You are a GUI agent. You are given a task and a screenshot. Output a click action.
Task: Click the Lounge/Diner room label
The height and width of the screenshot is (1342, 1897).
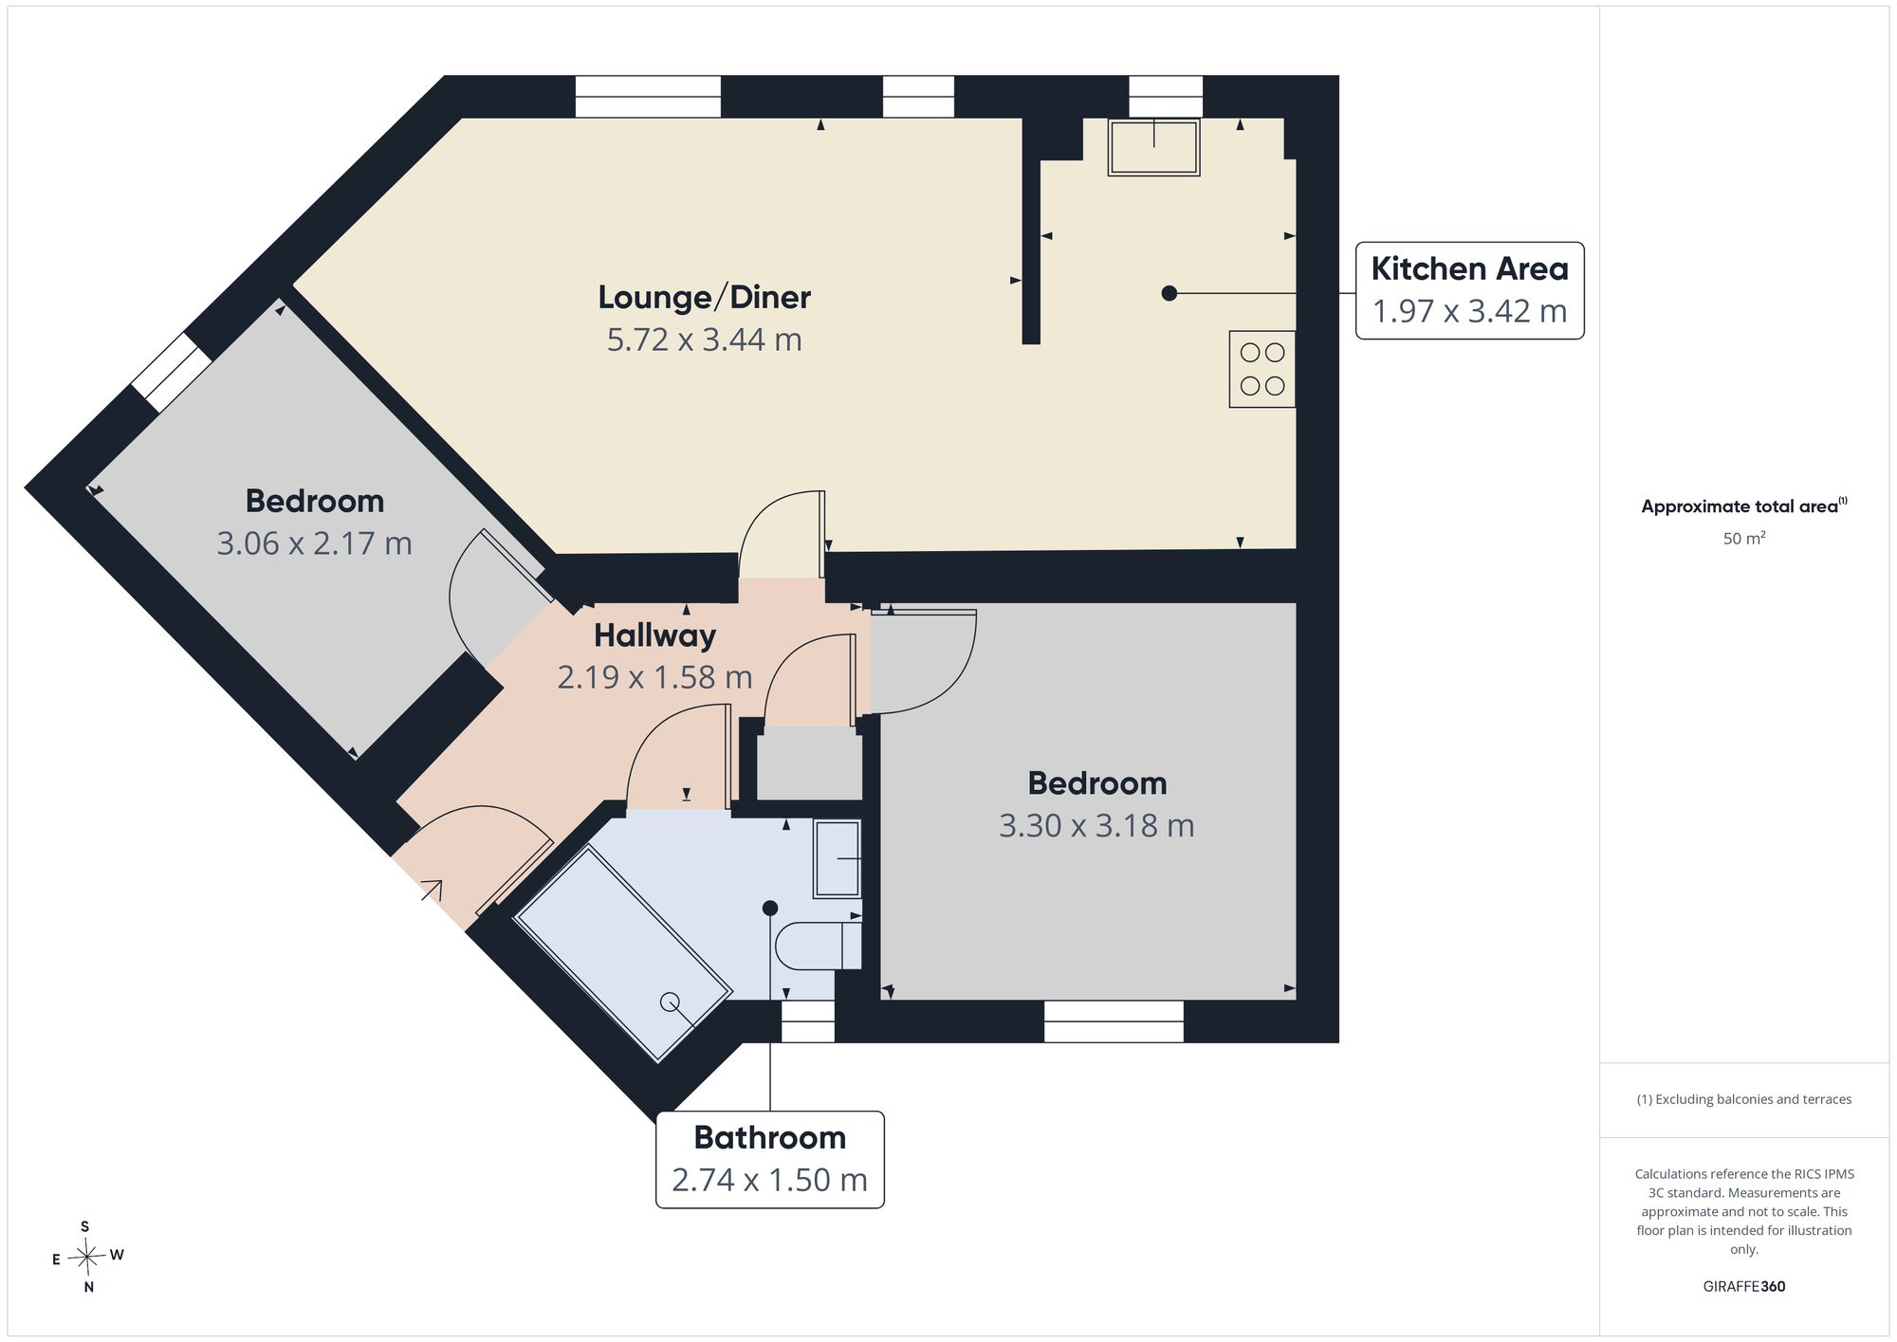704,298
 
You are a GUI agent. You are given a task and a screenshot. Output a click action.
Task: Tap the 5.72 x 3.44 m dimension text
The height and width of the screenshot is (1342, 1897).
704,340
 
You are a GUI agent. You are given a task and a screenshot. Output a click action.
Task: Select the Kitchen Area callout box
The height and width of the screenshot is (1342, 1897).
1469,290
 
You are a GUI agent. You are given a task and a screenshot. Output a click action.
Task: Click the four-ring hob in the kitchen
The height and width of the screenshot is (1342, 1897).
1262,369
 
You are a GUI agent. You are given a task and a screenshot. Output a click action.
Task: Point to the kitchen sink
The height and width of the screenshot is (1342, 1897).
1154,147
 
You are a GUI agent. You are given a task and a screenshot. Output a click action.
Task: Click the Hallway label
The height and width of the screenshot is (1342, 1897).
654,635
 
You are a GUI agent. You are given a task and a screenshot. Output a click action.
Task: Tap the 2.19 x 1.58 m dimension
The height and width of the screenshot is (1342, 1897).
654,677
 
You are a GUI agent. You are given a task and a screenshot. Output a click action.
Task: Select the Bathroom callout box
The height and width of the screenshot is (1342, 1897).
770,1159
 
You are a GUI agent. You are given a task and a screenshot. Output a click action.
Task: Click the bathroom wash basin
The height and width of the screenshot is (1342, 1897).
837,858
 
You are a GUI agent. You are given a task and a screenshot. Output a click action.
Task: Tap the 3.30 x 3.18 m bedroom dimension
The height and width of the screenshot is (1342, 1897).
1096,826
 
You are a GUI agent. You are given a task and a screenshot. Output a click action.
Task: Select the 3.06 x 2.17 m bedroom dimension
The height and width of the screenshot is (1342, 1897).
314,543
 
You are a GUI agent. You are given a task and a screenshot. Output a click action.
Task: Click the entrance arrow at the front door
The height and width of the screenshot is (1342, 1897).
432,890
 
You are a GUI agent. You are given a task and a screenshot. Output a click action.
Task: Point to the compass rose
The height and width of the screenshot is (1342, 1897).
87,1258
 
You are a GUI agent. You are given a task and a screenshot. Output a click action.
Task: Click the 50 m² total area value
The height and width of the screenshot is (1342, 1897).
1744,538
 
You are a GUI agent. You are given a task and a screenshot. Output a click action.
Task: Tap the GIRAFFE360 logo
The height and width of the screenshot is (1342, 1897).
1744,1287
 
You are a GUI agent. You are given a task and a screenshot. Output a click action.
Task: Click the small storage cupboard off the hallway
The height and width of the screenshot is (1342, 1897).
809,763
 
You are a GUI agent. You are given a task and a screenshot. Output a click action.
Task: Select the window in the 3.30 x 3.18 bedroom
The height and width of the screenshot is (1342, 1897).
1114,1021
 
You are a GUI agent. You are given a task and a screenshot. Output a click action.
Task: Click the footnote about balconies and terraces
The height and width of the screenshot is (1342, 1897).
1744,1099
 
